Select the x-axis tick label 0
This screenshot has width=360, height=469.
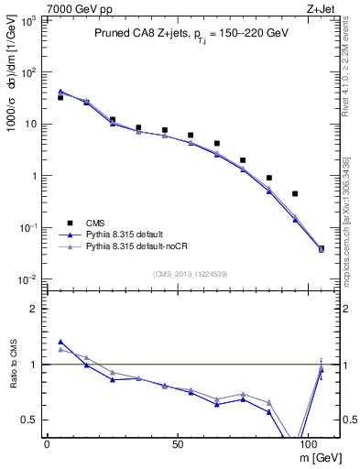pos(47,442)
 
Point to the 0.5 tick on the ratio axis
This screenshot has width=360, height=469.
pos(28,420)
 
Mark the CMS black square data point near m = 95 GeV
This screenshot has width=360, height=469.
pos(295,193)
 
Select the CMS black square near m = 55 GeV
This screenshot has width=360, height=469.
pos(191,135)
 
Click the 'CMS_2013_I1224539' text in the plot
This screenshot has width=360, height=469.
pos(191,273)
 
